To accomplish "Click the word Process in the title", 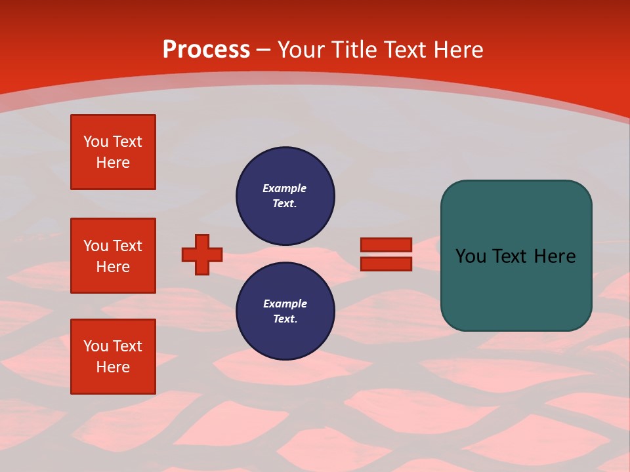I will (206, 50).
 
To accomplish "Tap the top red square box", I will (113, 152).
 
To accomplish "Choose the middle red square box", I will (113, 256).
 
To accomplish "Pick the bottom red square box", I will (113, 357).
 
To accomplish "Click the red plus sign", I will (202, 254).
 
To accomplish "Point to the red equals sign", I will (386, 254).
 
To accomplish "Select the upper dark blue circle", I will (285, 195).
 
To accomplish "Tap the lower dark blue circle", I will (285, 311).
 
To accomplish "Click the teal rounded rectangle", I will (516, 256).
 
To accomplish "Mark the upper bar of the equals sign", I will (386, 245).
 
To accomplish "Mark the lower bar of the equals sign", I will (386, 264).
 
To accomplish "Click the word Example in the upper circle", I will (285, 188).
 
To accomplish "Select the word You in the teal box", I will (471, 256).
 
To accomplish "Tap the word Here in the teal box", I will (555, 256).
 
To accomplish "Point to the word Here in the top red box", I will (113, 163).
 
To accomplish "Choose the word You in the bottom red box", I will (96, 346).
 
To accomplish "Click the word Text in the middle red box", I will (127, 246).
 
